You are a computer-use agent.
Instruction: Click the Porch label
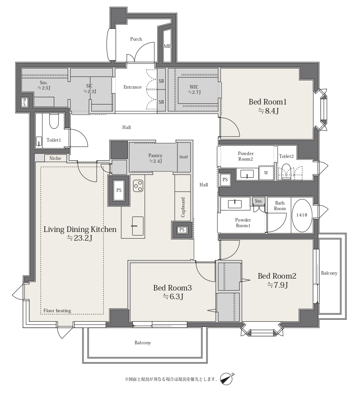click(x=136, y=39)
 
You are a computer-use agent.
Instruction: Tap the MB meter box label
click(x=167, y=46)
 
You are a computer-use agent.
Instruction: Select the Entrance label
click(x=132, y=87)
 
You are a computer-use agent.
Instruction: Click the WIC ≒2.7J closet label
click(x=194, y=89)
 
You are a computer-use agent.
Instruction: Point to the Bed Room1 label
click(x=267, y=102)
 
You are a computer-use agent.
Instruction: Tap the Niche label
click(x=55, y=158)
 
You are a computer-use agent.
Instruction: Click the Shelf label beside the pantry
click(x=183, y=157)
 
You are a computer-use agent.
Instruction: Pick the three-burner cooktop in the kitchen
click(x=138, y=186)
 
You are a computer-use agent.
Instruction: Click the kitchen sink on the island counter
click(x=138, y=226)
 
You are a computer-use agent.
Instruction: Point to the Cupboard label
click(x=183, y=207)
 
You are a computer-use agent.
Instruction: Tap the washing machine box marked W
click(x=266, y=173)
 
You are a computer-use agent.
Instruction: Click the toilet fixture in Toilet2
click(x=286, y=172)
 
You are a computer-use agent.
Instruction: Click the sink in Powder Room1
click(x=235, y=204)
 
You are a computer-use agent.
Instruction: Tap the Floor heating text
click(x=57, y=311)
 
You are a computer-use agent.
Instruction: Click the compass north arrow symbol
click(x=227, y=378)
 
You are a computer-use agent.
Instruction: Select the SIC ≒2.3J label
click(x=90, y=89)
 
